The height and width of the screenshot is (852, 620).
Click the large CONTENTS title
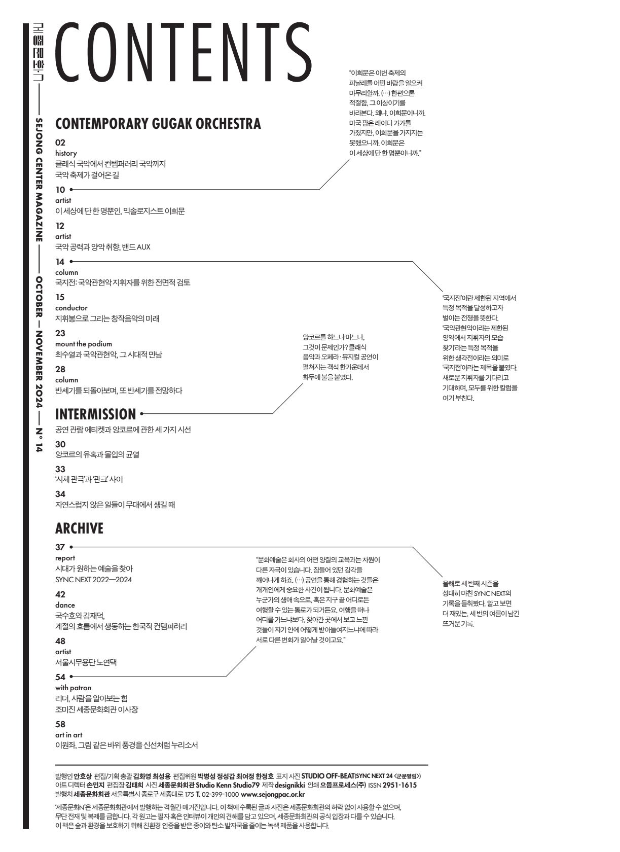point(183,51)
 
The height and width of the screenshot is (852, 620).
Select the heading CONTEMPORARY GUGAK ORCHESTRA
point(158,124)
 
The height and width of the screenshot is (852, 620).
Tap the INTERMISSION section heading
point(95,414)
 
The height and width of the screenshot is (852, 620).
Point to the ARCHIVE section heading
point(79,528)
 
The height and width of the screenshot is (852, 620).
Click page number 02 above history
point(60,143)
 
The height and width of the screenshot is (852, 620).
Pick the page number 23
point(60,333)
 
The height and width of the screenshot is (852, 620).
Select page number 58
point(60,724)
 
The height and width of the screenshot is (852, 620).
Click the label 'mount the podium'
point(84,344)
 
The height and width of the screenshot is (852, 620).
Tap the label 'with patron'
point(74,688)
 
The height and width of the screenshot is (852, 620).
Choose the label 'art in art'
point(68,735)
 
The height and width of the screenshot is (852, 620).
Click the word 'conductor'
point(71,308)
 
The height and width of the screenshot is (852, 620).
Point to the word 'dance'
point(65,605)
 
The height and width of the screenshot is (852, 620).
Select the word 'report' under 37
point(65,558)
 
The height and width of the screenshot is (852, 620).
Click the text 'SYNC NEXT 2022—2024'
point(93,580)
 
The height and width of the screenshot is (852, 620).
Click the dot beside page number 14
point(71,262)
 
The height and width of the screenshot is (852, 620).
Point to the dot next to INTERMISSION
point(141,414)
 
